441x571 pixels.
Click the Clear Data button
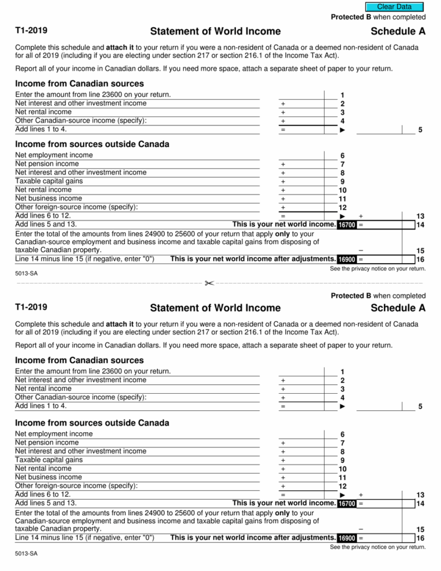pos(394,7)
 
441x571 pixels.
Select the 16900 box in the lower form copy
pos(347,538)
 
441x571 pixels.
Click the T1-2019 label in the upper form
pos(31,31)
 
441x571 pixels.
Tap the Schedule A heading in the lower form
pos(398,308)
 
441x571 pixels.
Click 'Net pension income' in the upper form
pos(47,164)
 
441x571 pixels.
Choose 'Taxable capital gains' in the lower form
pos(49,460)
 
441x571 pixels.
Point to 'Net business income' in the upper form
pos(48,199)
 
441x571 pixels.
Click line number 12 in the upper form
pos(342,207)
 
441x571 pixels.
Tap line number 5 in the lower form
pos(420,407)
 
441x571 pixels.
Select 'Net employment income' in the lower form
pos(54,434)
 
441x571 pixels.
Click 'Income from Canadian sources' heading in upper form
pos(79,84)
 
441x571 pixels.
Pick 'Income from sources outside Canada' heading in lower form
pos(92,423)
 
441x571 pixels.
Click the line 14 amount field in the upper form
pos(382,225)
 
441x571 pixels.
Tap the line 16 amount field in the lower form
pos(382,538)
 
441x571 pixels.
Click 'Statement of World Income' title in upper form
pos(215,31)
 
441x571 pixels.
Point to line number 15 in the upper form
pos(420,250)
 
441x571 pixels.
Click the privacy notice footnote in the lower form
pos(377,547)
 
